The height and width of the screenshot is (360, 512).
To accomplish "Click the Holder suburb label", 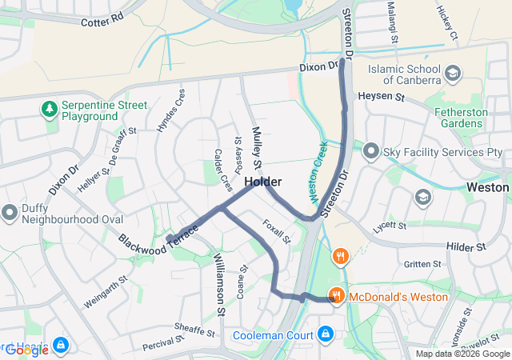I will (x=262, y=182).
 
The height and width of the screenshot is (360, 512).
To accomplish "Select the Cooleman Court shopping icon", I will (x=326, y=334).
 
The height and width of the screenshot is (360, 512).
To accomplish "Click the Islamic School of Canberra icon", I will (x=454, y=74).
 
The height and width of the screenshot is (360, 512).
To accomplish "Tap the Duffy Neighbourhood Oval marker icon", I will (x=10, y=213).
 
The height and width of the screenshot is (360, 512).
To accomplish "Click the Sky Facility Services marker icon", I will (x=371, y=150).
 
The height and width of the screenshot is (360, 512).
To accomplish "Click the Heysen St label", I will (x=382, y=96).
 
